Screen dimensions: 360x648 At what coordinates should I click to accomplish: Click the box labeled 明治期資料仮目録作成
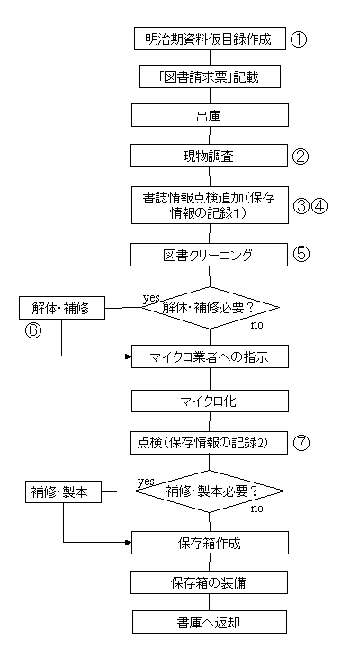click(210, 40)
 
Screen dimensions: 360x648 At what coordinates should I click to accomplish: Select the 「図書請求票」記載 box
click(210, 77)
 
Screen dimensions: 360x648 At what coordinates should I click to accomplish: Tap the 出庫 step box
click(210, 115)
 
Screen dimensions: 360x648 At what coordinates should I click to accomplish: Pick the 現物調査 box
click(210, 156)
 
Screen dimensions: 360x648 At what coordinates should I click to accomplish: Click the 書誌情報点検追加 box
click(210, 205)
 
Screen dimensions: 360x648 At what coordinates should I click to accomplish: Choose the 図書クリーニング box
click(209, 255)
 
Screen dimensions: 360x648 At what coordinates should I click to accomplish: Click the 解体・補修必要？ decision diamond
click(211, 308)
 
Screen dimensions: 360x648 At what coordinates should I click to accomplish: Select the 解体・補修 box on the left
click(62, 309)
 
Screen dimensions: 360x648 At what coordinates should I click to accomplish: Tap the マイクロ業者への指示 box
click(210, 356)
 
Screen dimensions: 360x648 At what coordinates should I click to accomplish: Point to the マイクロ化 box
click(210, 400)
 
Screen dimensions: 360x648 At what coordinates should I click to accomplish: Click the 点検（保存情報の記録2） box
click(209, 443)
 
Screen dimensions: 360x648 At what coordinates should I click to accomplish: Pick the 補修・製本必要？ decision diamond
click(211, 491)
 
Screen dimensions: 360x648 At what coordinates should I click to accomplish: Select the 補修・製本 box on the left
click(63, 492)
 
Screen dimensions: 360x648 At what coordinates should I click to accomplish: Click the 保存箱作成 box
click(210, 543)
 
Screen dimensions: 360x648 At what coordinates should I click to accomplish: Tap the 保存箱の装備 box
click(210, 582)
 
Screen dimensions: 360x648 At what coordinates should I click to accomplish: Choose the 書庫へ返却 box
click(210, 622)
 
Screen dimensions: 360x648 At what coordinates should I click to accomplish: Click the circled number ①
click(300, 40)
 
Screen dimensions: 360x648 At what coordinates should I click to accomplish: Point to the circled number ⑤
click(301, 254)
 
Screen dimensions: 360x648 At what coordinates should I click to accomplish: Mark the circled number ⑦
click(301, 443)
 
